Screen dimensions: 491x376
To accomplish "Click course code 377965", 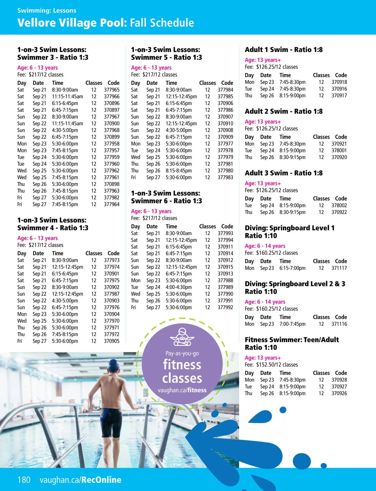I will tap(112, 90).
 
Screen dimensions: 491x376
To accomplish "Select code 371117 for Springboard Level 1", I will tap(339, 268).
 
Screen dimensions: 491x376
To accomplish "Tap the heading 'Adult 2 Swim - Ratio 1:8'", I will tap(284, 111).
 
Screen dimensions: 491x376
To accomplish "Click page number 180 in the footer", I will tap(24, 480).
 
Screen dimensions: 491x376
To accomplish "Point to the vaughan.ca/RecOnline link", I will tap(81, 480).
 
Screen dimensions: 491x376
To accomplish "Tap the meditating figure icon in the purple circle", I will tap(182, 337).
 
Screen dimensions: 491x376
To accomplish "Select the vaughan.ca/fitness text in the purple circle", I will tap(182, 390).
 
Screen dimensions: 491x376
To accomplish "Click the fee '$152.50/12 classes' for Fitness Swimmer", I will tap(277, 365).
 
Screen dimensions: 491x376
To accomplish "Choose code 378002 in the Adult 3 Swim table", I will tap(339, 205).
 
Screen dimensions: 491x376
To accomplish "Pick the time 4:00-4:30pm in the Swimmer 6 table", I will tap(179, 287).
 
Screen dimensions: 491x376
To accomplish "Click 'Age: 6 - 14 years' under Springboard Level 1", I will tap(265, 246).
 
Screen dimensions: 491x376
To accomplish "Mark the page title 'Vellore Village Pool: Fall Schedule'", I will tap(106, 23).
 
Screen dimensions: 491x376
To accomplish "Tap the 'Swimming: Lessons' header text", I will tap(47, 10).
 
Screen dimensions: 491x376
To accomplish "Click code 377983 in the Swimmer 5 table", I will tap(225, 177).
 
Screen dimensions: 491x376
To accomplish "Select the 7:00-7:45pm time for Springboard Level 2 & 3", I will tap(292, 324).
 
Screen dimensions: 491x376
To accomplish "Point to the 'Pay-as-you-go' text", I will tap(182, 353).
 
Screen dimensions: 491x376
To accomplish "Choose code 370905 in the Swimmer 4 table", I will tap(112, 341).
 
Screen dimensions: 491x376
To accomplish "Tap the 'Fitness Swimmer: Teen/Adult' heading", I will tap(292, 340).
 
